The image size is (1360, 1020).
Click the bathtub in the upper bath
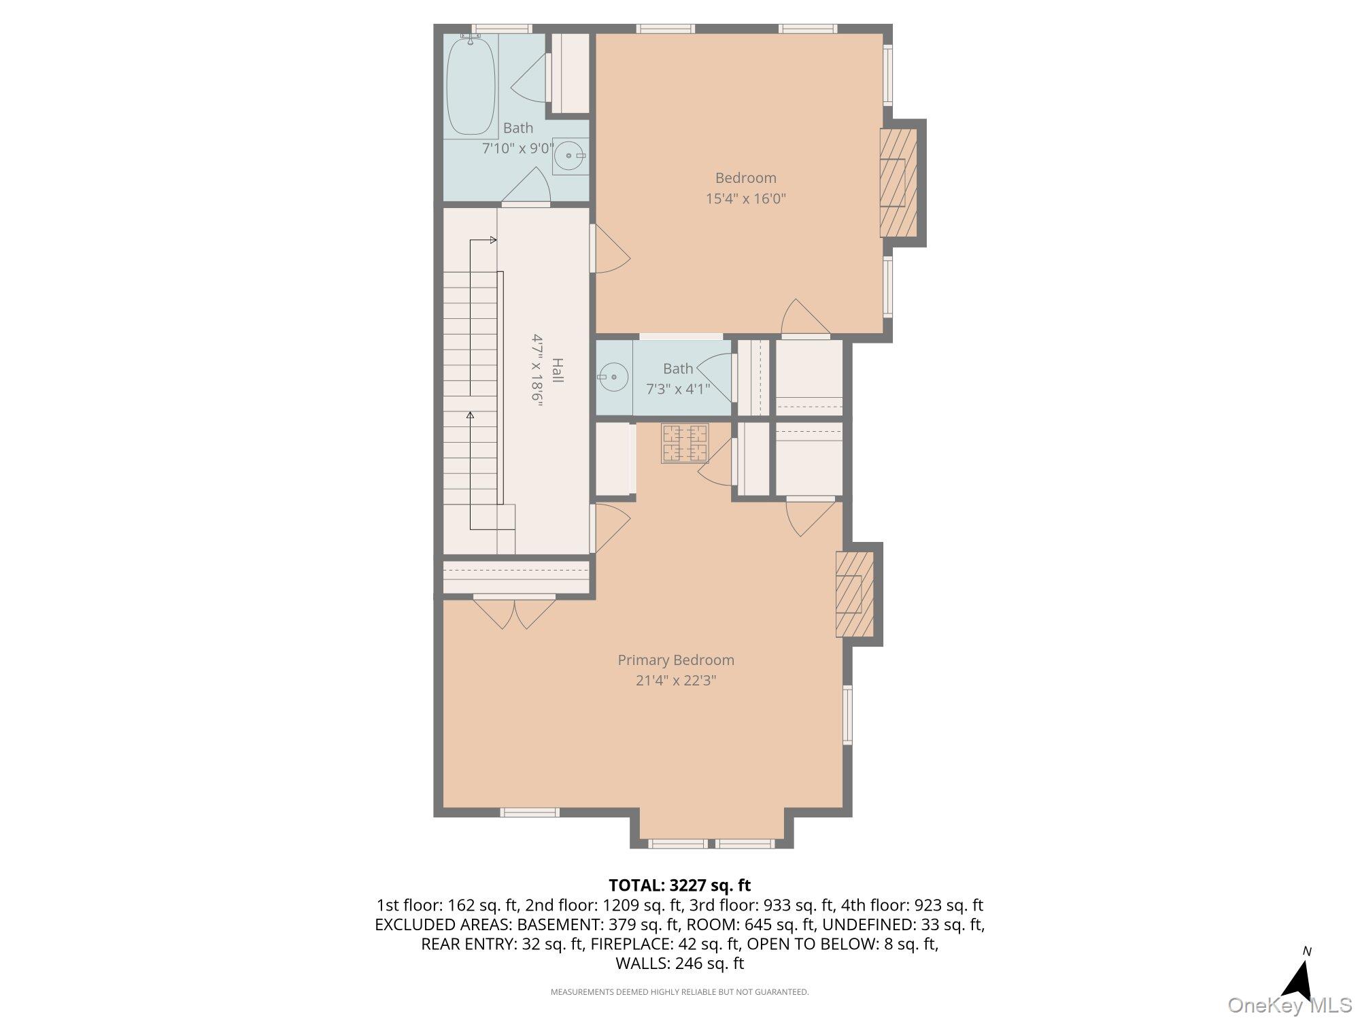471,85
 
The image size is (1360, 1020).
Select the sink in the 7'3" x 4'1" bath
614,376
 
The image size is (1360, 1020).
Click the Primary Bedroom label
675,660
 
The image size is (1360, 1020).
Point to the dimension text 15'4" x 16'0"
745,199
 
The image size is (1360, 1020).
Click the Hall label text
557,370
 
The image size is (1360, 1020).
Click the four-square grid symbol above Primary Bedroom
685,443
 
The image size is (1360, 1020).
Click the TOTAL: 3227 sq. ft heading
679,885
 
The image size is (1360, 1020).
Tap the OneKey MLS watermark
1289,1005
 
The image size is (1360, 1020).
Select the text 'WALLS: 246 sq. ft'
679,963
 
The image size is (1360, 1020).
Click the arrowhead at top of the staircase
493,240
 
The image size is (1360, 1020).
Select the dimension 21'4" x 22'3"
676,681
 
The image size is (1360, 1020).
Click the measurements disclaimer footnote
679,992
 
